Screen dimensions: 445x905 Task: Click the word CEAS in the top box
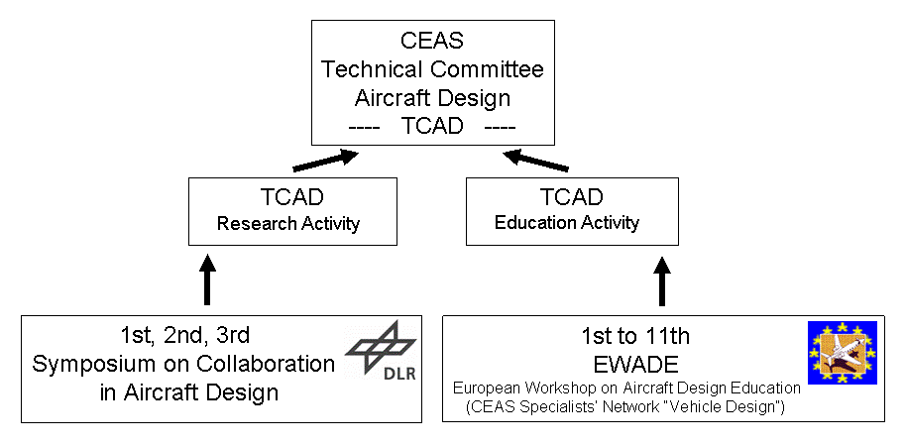(431, 41)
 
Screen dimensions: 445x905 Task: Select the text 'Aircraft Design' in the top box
(432, 98)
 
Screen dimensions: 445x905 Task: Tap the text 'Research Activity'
(288, 223)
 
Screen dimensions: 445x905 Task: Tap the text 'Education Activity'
(567, 222)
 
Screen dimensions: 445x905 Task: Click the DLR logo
(381, 351)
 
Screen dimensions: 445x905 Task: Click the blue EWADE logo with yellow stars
(842, 352)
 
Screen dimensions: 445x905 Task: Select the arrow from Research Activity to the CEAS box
(325, 161)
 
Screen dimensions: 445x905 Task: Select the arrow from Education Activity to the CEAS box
(536, 161)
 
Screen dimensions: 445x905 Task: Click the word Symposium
(87, 365)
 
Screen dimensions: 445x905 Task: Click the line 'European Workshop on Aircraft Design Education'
(626, 389)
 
